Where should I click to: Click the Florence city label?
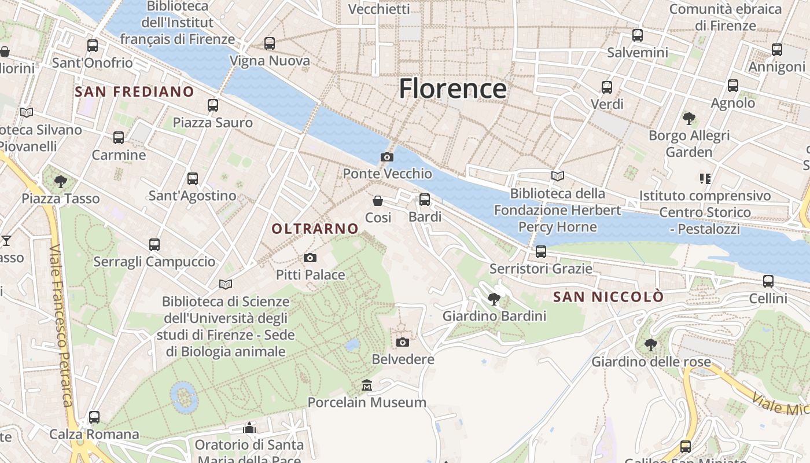click(x=452, y=89)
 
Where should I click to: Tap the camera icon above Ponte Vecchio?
click(x=387, y=157)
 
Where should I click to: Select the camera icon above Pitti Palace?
click(x=310, y=258)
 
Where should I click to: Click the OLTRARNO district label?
click(x=315, y=229)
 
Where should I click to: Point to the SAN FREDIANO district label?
click(x=134, y=91)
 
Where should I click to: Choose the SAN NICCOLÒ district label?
click(x=608, y=297)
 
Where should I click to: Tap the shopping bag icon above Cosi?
click(x=378, y=201)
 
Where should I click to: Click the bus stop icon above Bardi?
click(x=425, y=200)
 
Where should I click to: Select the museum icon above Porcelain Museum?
click(x=367, y=385)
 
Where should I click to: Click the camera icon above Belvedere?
click(x=403, y=342)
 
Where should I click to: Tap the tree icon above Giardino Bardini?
click(x=494, y=299)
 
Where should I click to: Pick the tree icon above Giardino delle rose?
click(x=651, y=345)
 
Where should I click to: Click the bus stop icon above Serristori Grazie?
click(x=541, y=252)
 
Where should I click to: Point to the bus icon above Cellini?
click(x=768, y=281)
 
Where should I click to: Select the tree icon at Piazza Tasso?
click(x=61, y=182)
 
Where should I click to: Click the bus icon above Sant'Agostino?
click(x=193, y=179)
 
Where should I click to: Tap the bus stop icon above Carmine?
click(x=119, y=138)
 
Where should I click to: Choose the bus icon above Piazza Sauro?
click(x=213, y=105)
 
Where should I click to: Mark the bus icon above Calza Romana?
click(x=94, y=417)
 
